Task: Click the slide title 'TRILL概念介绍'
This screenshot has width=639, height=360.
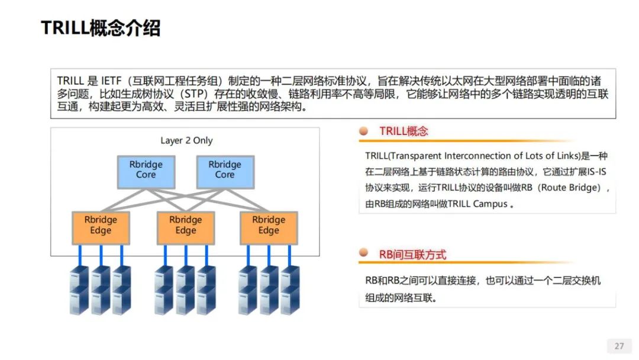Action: click(101, 28)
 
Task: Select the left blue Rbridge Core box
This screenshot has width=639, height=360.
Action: click(146, 172)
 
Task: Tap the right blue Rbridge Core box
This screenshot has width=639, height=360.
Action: click(225, 172)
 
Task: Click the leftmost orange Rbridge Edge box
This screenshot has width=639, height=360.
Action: click(101, 228)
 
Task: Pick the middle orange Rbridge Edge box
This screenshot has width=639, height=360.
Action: click(186, 228)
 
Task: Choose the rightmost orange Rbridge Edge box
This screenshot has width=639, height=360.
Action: click(269, 228)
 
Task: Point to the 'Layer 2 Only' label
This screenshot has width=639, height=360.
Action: click(186, 140)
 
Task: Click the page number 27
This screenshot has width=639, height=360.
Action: click(619, 346)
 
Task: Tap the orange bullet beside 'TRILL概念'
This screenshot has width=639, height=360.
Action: click(363, 131)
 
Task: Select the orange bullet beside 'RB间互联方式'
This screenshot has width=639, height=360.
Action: click(363, 252)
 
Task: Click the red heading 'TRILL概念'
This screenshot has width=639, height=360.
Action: click(404, 131)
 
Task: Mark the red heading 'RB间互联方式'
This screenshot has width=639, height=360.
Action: click(413, 255)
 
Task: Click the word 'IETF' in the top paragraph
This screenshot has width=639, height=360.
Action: click(111, 81)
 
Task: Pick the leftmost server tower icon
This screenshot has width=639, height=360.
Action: click(79, 290)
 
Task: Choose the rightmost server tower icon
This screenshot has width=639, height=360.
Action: click(290, 290)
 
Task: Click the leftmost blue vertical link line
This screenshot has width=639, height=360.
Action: click(80, 256)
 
